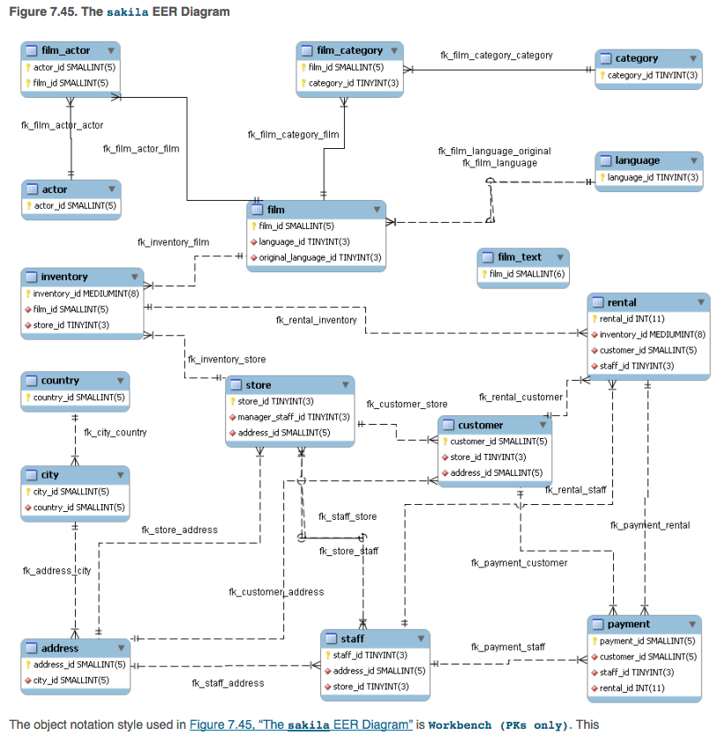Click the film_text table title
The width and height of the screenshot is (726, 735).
tap(519, 256)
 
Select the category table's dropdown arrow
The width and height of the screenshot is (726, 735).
tap(694, 58)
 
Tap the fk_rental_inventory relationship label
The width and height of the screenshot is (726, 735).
tap(316, 320)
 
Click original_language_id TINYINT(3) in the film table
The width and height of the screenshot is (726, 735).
tap(320, 257)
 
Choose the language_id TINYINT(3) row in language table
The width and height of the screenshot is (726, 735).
tap(653, 177)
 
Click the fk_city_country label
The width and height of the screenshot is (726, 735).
tap(116, 432)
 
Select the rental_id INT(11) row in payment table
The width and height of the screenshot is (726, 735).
tap(632, 687)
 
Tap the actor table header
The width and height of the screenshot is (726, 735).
tap(55, 189)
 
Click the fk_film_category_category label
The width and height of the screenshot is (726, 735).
tap(497, 55)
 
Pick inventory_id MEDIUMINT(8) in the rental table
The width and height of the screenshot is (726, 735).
tap(652, 334)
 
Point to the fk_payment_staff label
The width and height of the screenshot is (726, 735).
tap(508, 647)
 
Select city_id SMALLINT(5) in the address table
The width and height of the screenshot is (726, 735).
tap(71, 679)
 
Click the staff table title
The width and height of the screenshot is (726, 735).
tap(353, 638)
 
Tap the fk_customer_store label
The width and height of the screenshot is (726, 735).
tap(407, 404)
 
